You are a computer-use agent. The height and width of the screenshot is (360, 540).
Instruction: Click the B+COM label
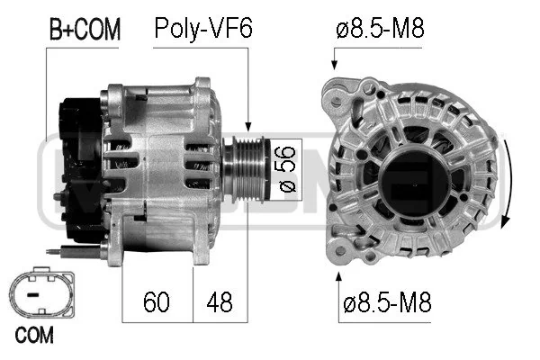[x=85, y=29]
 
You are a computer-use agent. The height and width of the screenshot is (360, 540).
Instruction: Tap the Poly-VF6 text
[x=203, y=28]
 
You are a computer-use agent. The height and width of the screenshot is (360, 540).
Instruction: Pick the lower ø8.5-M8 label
[x=387, y=302]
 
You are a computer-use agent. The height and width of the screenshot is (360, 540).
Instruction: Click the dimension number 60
[x=157, y=301]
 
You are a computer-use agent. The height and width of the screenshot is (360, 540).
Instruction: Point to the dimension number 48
[x=220, y=301]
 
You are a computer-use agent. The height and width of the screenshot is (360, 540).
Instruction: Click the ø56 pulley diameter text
[x=287, y=169]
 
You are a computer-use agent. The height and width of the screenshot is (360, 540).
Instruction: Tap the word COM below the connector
[x=34, y=335]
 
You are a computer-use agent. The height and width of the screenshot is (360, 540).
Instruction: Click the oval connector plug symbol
[x=41, y=292]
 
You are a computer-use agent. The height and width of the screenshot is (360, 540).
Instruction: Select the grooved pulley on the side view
[x=245, y=170]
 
